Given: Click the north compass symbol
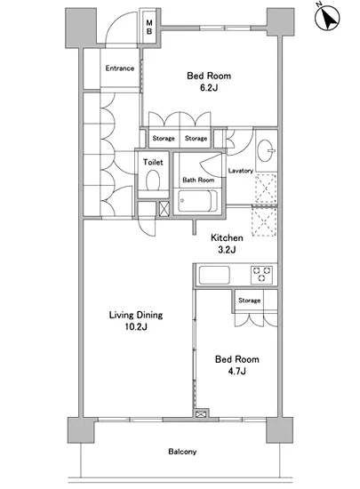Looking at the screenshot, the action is [327, 18].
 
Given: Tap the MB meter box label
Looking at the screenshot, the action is [149, 28].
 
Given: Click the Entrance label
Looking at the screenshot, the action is [120, 68].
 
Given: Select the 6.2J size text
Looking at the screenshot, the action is [209, 88].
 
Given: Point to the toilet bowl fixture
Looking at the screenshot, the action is [153, 180].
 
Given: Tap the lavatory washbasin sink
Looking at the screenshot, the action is [266, 150].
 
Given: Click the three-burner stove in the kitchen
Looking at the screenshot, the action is [261, 275].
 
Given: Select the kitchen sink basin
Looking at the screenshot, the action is [214, 275].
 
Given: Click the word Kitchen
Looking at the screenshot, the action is [227, 238].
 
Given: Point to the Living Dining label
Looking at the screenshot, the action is [136, 315].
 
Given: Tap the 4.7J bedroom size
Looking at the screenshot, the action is [236, 371].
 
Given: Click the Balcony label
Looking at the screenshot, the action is [182, 452].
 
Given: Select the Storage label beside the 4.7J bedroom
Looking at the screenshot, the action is [250, 301].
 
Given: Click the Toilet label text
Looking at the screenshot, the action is [153, 162].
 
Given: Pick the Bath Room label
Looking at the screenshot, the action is [198, 180].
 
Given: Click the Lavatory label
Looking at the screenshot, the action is [241, 171].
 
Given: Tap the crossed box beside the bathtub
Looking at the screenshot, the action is [164, 209].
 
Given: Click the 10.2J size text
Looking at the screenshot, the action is [136, 327].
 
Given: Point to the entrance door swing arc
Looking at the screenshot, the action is [116, 21].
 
